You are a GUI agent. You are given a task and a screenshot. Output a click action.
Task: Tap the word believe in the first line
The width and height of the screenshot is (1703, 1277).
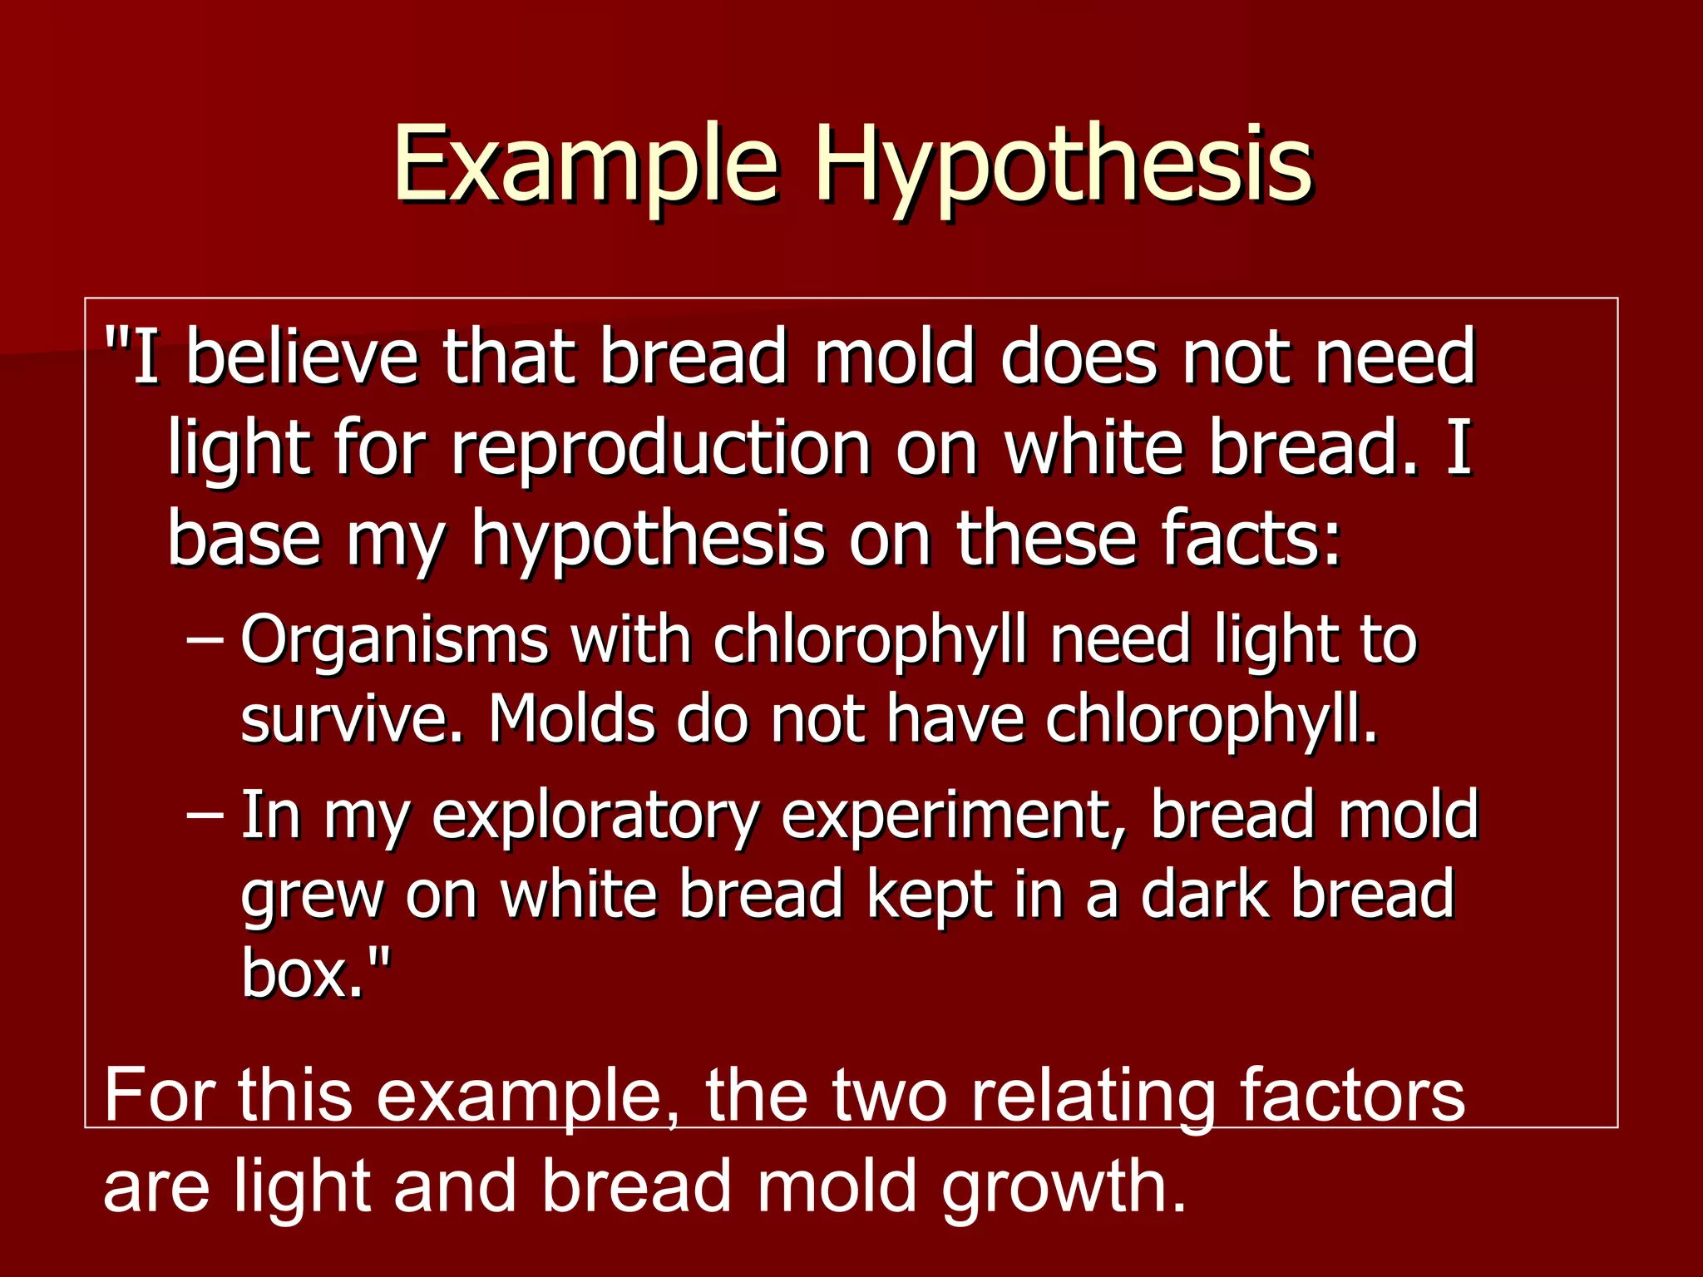point(302,357)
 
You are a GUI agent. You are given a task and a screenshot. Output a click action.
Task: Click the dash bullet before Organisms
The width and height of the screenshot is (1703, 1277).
point(205,641)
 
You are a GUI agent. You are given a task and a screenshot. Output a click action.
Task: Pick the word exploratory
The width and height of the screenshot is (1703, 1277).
point(595,818)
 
